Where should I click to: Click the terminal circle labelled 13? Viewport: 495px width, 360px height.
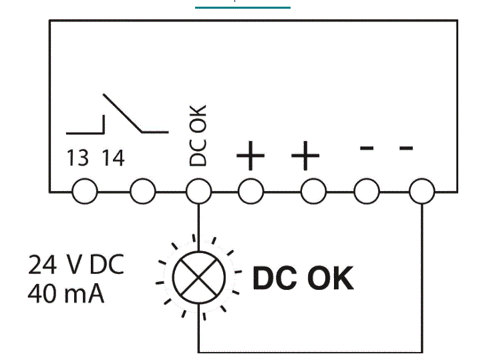click(85, 191)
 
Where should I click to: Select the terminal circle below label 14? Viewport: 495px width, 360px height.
click(143, 191)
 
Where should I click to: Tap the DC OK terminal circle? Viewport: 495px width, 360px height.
click(198, 191)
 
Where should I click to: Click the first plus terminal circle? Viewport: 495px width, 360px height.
click(251, 191)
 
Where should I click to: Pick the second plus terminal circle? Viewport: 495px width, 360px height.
click(313, 191)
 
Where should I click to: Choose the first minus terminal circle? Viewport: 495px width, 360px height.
click(367, 191)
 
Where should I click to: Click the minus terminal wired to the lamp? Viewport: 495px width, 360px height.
click(422, 191)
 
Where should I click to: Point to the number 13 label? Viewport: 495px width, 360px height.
click(77, 158)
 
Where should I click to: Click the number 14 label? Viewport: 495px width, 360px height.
click(114, 158)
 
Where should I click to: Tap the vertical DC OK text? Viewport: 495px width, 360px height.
click(198, 136)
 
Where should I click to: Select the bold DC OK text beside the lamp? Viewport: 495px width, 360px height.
click(303, 278)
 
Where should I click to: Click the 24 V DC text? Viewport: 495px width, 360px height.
click(75, 264)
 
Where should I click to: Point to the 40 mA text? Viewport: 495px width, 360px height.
click(65, 294)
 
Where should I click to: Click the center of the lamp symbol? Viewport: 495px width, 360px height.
click(199, 278)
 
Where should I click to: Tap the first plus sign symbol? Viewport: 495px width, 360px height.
click(251, 155)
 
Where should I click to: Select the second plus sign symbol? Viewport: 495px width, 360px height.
click(305, 155)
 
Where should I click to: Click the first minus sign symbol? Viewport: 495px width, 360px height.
click(367, 148)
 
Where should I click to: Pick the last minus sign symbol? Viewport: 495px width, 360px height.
click(406, 148)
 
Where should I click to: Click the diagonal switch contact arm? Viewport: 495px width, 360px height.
click(122, 113)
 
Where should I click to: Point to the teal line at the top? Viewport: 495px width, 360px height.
click(242, 7)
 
